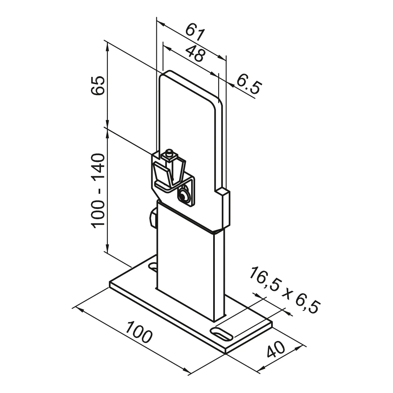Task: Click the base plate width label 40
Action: pyautogui.click(x=275, y=349)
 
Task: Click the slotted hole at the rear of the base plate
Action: pyautogui.click(x=154, y=266)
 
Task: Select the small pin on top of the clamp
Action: pyautogui.click(x=169, y=154)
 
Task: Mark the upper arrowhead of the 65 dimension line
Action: pyautogui.click(x=107, y=47)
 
